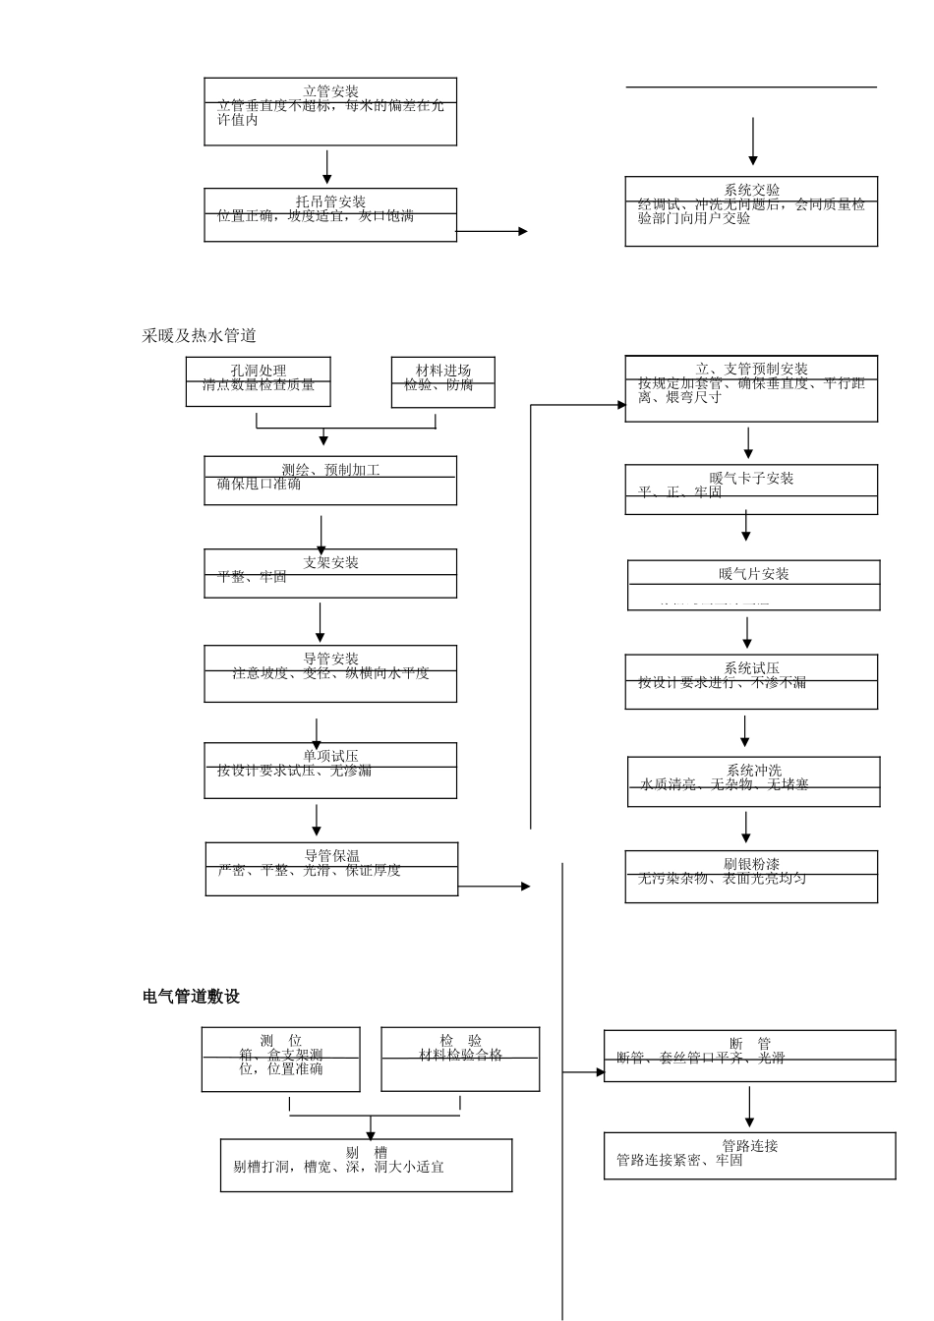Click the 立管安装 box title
click(x=330, y=91)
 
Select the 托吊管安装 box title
click(x=330, y=201)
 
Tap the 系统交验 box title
click(x=752, y=191)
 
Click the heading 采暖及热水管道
click(x=200, y=336)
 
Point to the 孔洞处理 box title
click(x=259, y=371)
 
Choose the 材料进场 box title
click(x=443, y=371)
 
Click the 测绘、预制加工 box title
click(x=330, y=470)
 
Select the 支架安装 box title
click(x=330, y=562)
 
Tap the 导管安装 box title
click(x=330, y=659)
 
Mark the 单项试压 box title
click(x=330, y=756)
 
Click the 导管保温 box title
click(x=331, y=856)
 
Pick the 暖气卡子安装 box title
click(x=751, y=479)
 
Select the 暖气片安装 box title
click(x=753, y=574)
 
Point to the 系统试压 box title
click(x=752, y=668)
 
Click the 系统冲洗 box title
click(x=754, y=771)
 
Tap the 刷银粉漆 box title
click(x=752, y=864)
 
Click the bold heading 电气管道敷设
click(x=192, y=997)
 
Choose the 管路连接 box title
click(x=749, y=1146)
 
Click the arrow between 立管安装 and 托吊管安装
click(x=327, y=167)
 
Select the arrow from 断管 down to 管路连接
click(x=749, y=1107)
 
